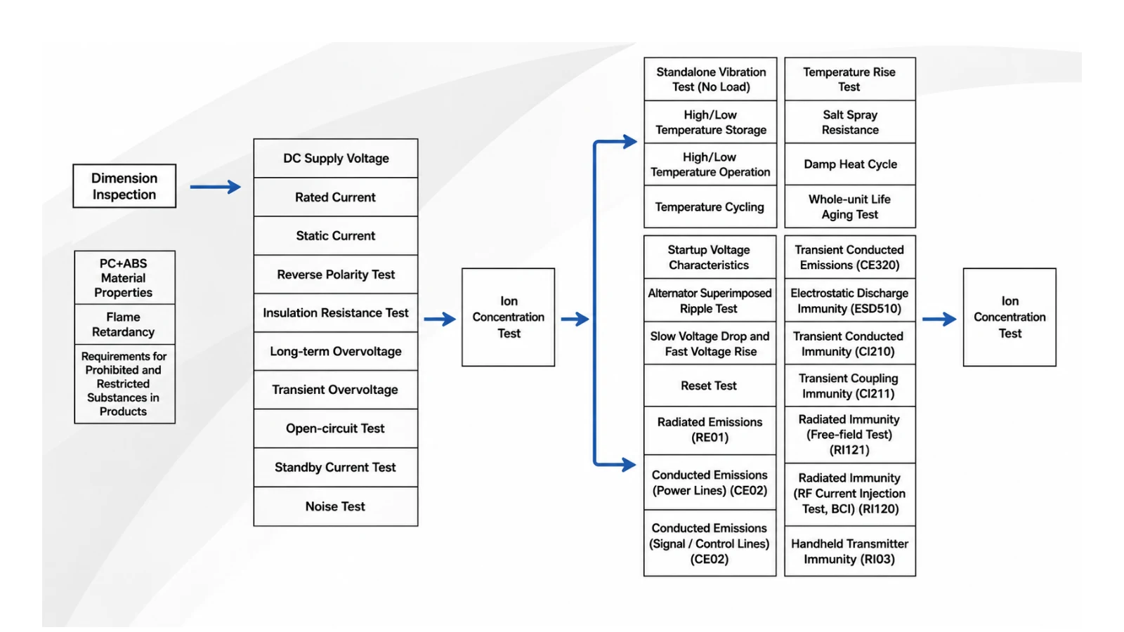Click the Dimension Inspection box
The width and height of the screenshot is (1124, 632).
coord(124,186)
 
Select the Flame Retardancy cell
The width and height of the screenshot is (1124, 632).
coord(124,324)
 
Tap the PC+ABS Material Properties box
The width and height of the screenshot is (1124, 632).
coord(124,277)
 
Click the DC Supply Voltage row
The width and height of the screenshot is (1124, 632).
coord(336,159)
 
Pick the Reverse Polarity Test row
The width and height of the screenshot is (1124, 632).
coord(336,275)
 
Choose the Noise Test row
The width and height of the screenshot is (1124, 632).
coord(336,506)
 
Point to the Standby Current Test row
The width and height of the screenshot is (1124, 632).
coord(336,468)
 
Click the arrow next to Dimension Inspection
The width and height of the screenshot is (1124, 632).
coord(215,187)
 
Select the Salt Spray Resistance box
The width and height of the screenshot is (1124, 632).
coord(850,122)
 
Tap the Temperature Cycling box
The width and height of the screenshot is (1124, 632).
coord(710,206)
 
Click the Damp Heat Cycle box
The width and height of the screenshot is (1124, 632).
coord(850,164)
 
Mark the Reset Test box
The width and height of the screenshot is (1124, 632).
coord(710,386)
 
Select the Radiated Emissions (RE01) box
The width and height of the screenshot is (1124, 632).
coord(710,430)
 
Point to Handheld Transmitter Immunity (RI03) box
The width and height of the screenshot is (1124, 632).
coord(850,551)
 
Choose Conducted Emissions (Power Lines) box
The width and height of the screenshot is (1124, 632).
coord(710,482)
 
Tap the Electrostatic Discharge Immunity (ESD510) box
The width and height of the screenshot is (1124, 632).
coord(850,300)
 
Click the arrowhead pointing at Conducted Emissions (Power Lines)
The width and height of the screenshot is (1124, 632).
coord(629,464)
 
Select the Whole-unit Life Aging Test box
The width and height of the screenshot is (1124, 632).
coord(850,206)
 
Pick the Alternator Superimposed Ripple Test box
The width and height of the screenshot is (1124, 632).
coord(710,300)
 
